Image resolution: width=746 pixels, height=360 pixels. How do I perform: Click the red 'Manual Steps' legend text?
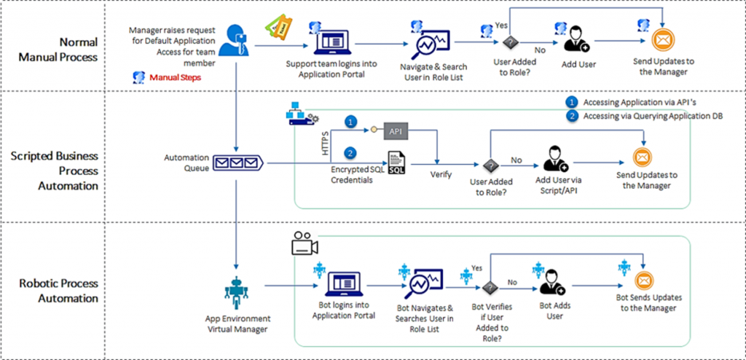pyautogui.click(x=175, y=77)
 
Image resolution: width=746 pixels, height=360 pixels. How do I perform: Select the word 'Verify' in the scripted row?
pyautogui.click(x=441, y=175)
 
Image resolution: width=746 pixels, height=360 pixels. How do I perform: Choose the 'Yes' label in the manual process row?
pyautogui.click(x=501, y=25)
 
